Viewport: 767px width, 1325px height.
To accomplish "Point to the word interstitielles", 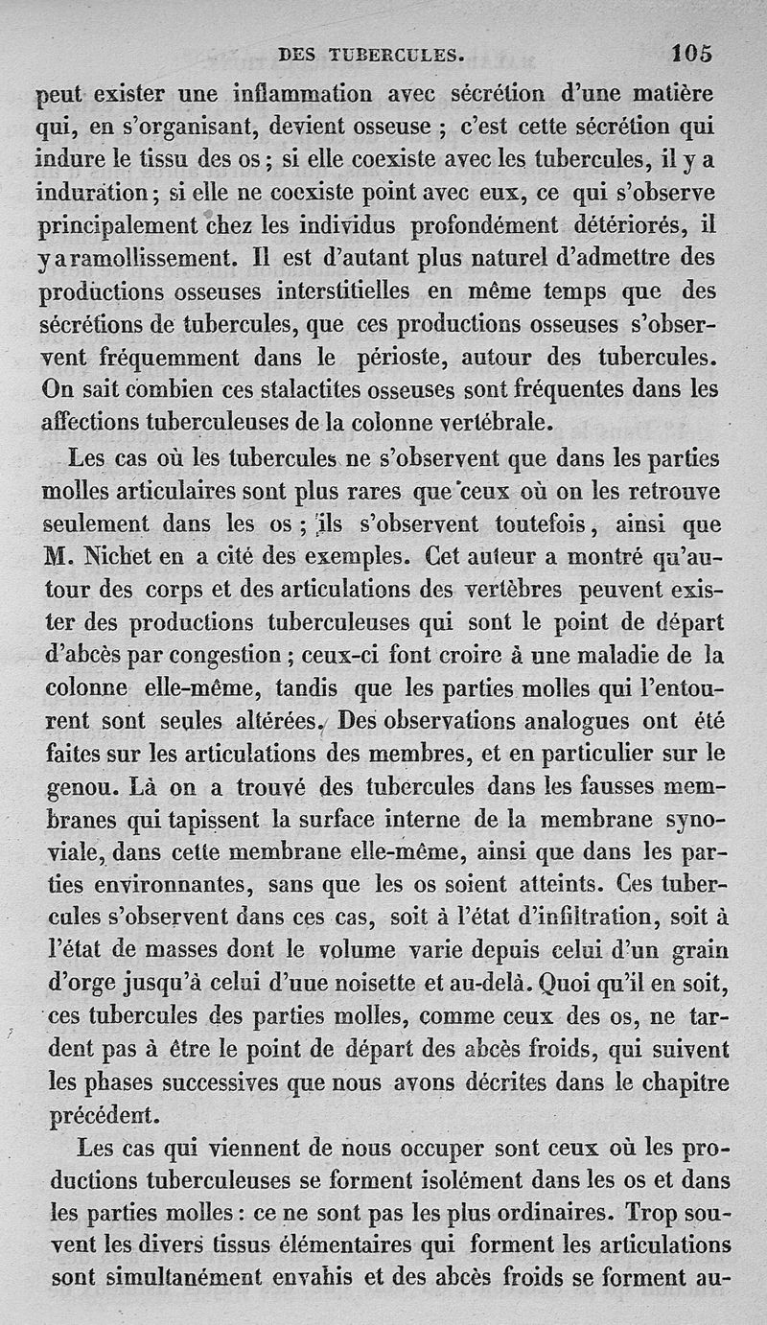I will point(341,291).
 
